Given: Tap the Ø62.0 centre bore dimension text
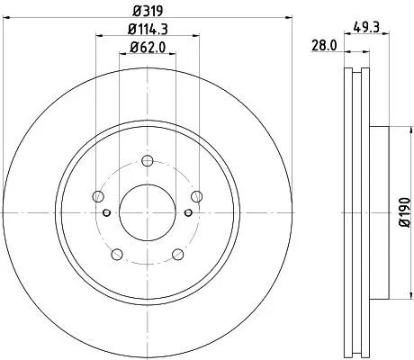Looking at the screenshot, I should (147, 48).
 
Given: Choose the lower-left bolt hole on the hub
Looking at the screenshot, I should (116, 255).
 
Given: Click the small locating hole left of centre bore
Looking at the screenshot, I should (107, 212).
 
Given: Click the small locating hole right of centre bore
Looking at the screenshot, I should (187, 212).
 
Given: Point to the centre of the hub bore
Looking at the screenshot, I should (148, 212).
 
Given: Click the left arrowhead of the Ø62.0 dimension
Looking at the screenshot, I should (123, 55).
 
